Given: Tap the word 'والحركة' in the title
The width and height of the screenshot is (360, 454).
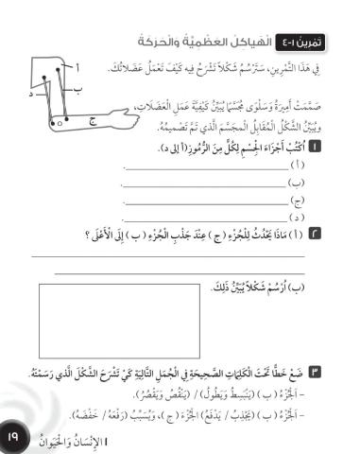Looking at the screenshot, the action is pos(156,43).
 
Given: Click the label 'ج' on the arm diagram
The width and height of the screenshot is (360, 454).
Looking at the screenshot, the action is pos(92,120).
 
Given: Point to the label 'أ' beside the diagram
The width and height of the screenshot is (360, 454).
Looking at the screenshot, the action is pos(77,66).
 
